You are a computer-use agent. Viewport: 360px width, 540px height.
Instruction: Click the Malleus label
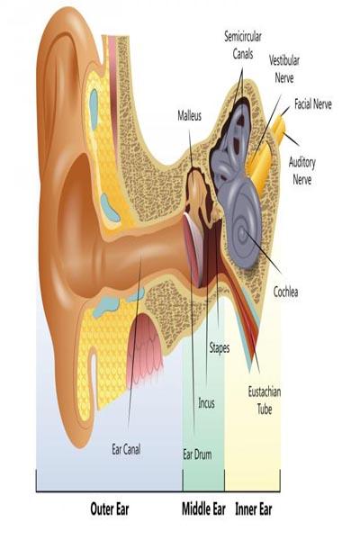(190, 116)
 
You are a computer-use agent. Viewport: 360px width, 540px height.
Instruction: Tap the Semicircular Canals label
(243, 45)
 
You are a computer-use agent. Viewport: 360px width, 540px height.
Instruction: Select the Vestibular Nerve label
(284, 69)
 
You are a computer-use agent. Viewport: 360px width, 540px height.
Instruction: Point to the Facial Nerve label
(313, 104)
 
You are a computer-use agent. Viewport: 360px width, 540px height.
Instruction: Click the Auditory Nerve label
(302, 171)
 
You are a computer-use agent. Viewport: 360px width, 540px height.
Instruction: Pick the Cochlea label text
(285, 292)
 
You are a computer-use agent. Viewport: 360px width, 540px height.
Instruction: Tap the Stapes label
(220, 348)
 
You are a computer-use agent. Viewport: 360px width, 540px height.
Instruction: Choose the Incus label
(206, 403)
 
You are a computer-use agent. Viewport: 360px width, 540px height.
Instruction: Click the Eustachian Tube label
(265, 400)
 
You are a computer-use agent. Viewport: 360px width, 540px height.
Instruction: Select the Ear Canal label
(126, 449)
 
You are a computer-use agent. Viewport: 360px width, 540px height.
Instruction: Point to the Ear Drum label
(197, 454)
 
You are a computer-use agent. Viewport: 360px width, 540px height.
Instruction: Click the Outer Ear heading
(110, 509)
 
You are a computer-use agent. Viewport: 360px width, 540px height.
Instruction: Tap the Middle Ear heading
(203, 509)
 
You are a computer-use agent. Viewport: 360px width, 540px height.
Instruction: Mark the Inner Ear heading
(254, 509)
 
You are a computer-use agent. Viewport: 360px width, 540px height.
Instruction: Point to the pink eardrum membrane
(193, 249)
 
